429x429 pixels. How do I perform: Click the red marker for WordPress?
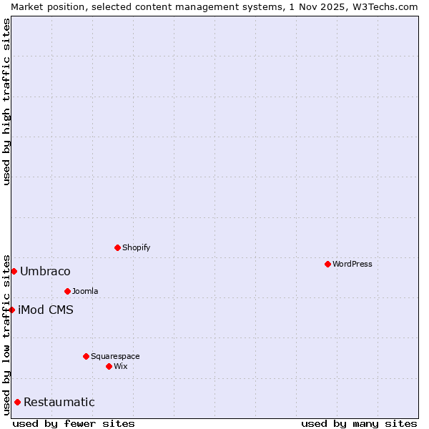[x=327, y=264]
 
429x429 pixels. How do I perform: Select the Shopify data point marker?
[x=117, y=247]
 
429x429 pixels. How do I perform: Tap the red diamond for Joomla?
[x=67, y=291]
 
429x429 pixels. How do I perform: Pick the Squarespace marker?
[x=86, y=356]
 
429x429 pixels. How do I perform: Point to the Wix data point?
[x=109, y=366]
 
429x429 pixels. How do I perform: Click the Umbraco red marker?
[x=14, y=271]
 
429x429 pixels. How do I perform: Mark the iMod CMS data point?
[x=11, y=310]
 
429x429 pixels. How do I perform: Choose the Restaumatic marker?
[x=17, y=402]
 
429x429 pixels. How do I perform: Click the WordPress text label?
[x=352, y=264]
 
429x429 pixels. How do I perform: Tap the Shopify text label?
[x=136, y=247]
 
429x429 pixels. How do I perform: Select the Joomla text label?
[x=85, y=291]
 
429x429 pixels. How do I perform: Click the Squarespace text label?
[x=115, y=356]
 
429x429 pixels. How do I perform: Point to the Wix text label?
[x=120, y=366]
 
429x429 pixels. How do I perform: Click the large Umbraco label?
[x=45, y=271]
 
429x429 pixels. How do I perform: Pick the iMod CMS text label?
[x=46, y=310]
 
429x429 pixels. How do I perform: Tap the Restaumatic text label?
[x=59, y=402]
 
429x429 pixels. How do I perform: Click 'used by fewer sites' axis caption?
[x=74, y=423]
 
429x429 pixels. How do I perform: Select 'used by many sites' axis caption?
[x=359, y=423]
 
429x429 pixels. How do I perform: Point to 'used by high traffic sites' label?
[x=6, y=102]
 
